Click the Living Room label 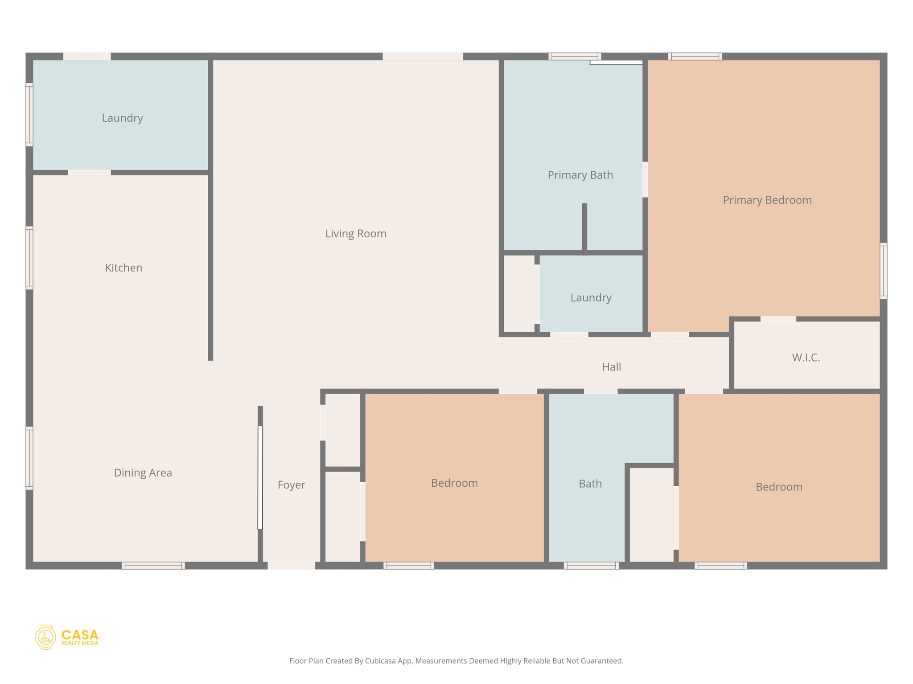(x=355, y=233)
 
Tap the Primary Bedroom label (x=767, y=200)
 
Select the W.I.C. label (x=806, y=357)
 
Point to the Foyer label (x=291, y=484)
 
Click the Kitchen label (x=123, y=268)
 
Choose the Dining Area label (x=143, y=472)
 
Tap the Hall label (x=611, y=366)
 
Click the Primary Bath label (x=580, y=175)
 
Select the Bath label (x=590, y=483)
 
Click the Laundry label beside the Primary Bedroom (x=591, y=297)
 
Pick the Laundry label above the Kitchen (x=122, y=118)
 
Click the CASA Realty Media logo (x=67, y=637)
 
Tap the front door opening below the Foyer (x=291, y=566)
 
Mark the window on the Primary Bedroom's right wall (x=883, y=271)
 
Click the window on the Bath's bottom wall (x=591, y=566)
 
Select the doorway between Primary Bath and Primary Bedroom (x=645, y=179)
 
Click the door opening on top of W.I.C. (x=778, y=319)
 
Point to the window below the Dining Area (x=153, y=566)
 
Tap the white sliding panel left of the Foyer (x=260, y=477)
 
